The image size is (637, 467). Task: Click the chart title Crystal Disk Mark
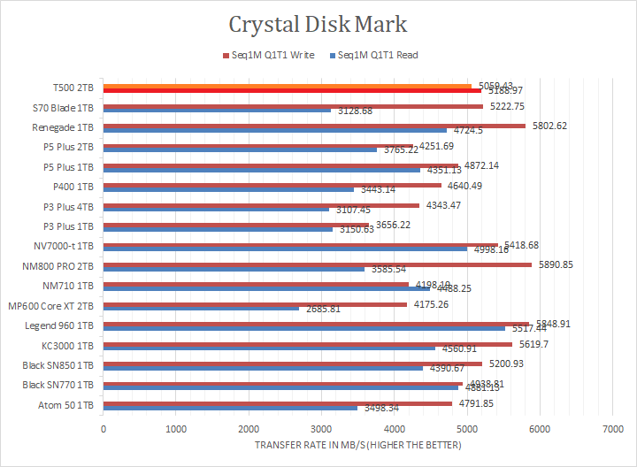click(x=318, y=23)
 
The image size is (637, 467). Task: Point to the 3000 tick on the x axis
click(x=321, y=429)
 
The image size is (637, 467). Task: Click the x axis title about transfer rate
click(x=357, y=444)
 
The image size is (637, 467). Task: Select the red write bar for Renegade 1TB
click(x=314, y=126)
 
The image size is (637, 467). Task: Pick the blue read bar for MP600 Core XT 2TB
click(x=201, y=309)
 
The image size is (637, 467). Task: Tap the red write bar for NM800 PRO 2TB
click(x=318, y=264)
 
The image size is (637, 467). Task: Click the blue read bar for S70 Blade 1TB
click(x=217, y=111)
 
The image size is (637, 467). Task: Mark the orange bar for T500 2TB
click(x=288, y=86)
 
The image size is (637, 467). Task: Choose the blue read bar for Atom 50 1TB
click(x=230, y=408)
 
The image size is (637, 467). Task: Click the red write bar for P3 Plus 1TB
click(x=236, y=225)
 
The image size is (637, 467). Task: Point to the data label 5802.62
click(x=549, y=126)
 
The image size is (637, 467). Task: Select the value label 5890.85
click(x=556, y=264)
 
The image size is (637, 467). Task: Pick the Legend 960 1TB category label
click(x=65, y=325)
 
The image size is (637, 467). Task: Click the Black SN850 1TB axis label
click(x=60, y=365)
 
